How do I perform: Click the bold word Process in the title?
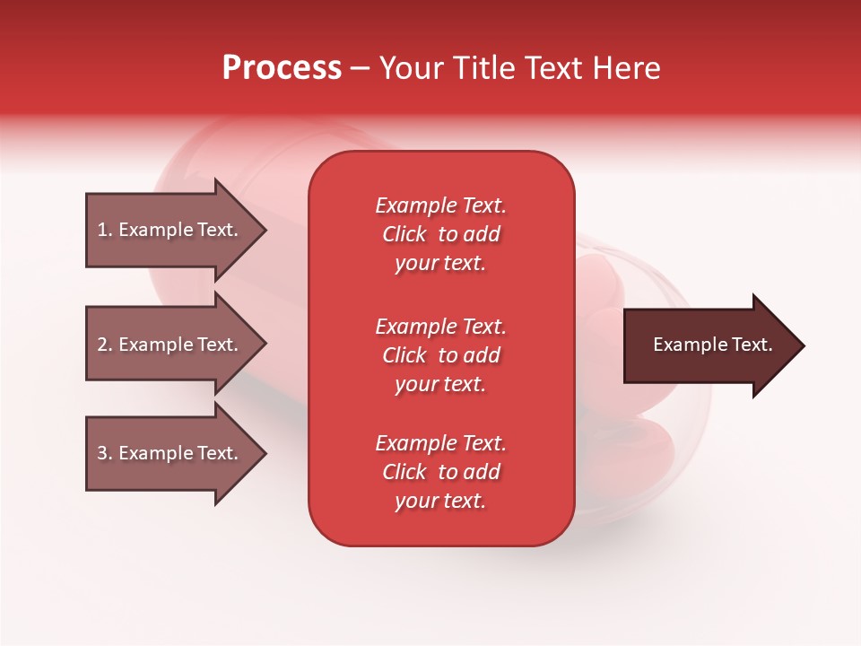[282, 68]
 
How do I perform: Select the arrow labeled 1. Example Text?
[170, 230]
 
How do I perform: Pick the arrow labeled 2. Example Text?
[170, 345]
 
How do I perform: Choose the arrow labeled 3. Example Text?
[170, 453]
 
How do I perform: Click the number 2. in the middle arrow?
[105, 345]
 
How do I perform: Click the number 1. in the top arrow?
[105, 230]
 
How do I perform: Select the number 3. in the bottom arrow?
[105, 453]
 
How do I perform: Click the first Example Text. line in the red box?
[440, 205]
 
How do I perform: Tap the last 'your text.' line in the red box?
[440, 501]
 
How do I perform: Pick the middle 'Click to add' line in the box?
[440, 355]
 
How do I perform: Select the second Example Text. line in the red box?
[440, 327]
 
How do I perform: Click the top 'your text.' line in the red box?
[440, 263]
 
